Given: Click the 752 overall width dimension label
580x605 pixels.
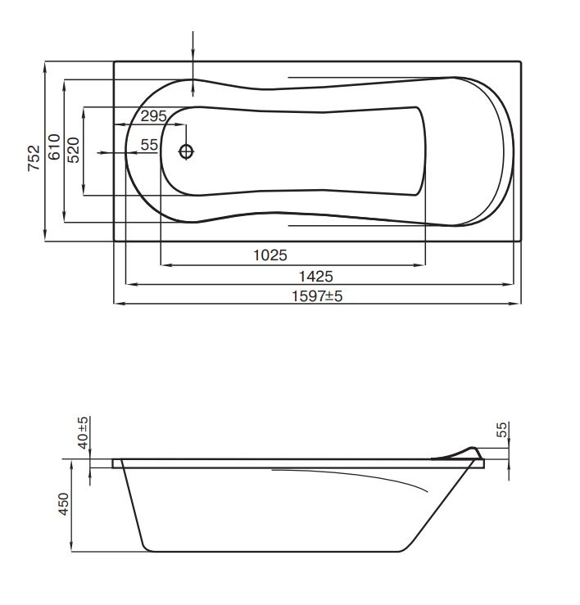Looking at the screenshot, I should point(34,156).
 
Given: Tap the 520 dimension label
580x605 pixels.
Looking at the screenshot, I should point(73,151).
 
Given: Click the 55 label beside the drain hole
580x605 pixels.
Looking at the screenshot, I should point(148,145).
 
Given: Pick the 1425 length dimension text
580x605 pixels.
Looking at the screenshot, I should point(315,276).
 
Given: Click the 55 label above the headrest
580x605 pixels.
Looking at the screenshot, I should point(502,431).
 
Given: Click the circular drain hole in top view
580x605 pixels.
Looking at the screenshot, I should point(187,151).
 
